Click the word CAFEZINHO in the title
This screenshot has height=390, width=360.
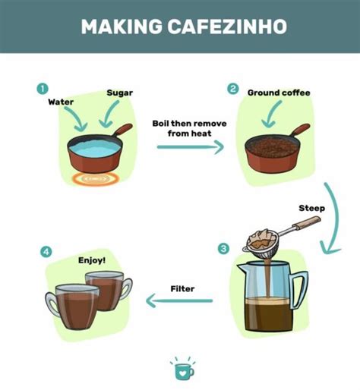[x=227, y=27]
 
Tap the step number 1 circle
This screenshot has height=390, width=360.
[x=43, y=89]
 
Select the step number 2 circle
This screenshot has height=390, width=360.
[x=233, y=89]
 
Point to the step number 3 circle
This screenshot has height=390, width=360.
[x=223, y=249]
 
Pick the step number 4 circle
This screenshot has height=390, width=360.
[x=46, y=252]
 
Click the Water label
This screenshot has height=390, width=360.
[x=61, y=102]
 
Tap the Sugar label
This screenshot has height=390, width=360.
[x=120, y=93]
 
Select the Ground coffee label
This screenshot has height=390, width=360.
[x=279, y=93]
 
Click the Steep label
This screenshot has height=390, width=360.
[x=311, y=208]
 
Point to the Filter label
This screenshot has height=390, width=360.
[x=182, y=288]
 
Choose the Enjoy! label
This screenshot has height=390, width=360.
[x=92, y=260]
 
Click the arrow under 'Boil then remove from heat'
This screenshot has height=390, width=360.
[x=191, y=147]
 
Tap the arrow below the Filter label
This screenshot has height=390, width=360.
[x=179, y=300]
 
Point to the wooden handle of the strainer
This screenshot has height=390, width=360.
[x=306, y=222]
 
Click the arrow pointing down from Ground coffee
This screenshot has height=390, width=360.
[x=271, y=115]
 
